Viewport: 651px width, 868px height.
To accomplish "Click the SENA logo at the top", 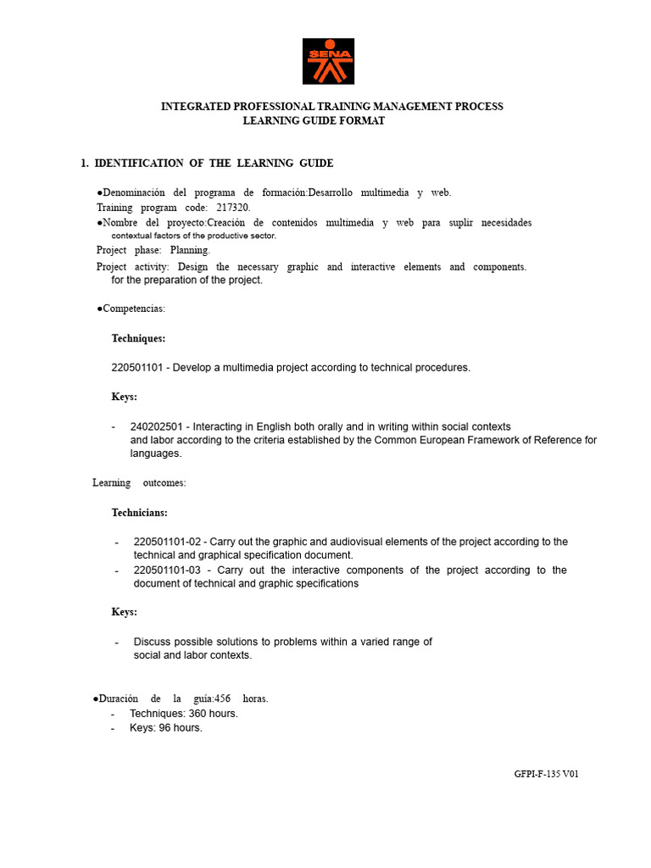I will (329, 61).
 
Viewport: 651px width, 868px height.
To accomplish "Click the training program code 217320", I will (233, 208).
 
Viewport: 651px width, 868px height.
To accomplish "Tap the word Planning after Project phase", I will (190, 250).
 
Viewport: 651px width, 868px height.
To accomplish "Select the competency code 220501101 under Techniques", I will (139, 368).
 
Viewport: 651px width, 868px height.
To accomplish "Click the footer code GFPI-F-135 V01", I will (546, 774).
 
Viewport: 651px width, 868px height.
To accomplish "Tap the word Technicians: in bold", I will (140, 513).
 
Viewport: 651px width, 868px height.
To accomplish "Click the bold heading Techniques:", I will (138, 338).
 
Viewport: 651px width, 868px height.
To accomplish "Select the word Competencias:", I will (134, 309).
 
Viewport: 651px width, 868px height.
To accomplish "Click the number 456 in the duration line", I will (222, 699).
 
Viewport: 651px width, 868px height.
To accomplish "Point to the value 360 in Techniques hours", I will (198, 714).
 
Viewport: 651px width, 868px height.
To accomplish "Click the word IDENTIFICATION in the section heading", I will (138, 164).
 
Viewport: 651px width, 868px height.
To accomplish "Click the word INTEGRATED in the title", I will (198, 107).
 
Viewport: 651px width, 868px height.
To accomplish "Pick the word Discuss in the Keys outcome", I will (153, 642).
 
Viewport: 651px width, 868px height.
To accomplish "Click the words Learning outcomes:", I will (139, 483).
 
